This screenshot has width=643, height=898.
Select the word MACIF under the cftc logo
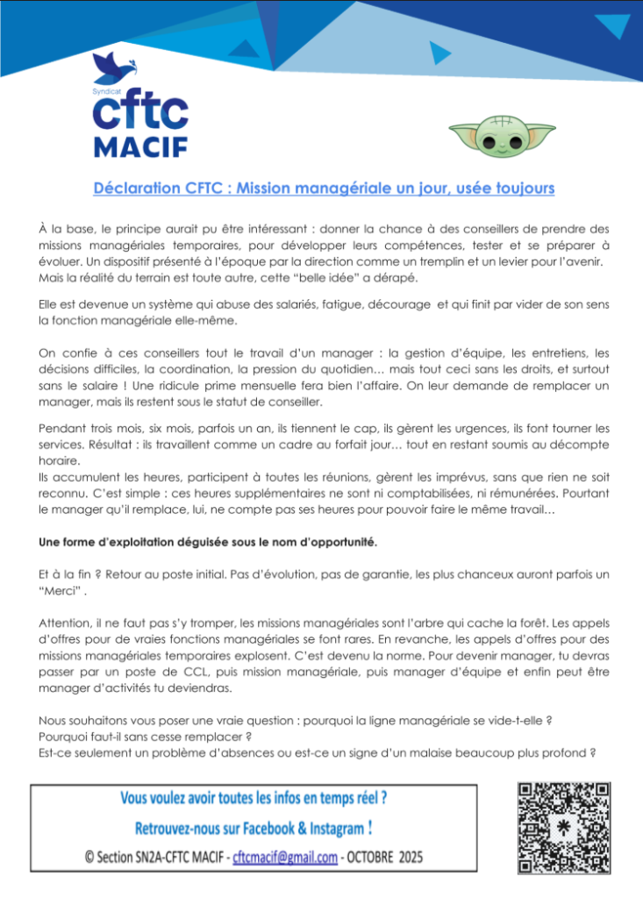[139, 146]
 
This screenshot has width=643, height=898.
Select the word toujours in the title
[523, 188]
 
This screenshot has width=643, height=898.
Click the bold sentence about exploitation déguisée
[208, 542]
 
